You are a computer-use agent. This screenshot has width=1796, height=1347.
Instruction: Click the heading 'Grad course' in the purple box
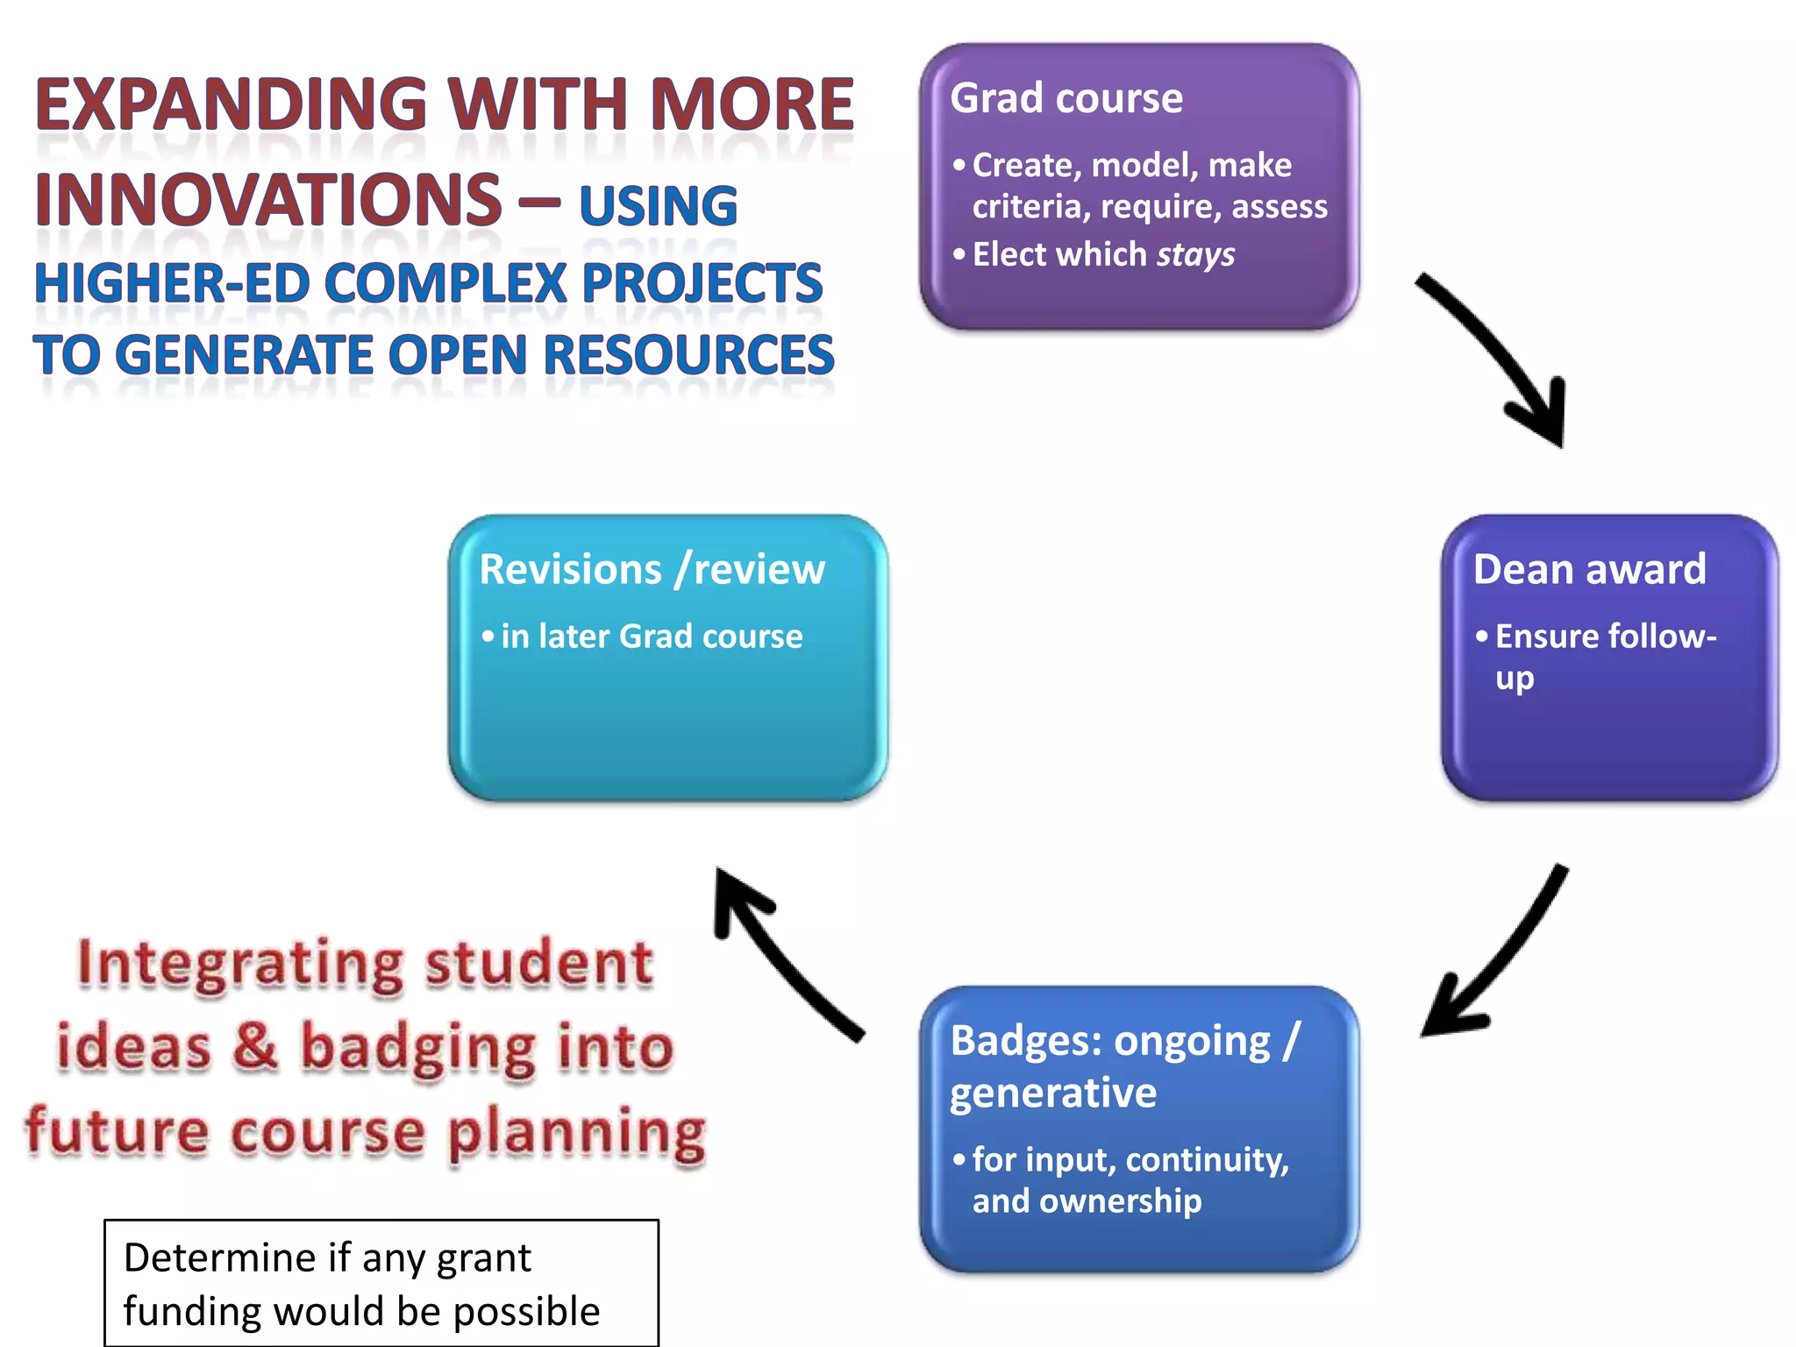[1065, 98]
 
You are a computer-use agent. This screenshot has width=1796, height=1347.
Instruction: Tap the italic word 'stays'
[1195, 255]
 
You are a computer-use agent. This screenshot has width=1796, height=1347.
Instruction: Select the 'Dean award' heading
[1589, 569]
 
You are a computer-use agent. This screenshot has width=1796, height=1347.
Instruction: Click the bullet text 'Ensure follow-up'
[1605, 638]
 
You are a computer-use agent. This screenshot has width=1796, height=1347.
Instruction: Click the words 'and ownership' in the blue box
[1087, 1201]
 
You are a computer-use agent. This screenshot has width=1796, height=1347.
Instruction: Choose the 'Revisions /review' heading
[652, 570]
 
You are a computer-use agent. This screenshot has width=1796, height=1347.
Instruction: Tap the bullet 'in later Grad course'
[652, 637]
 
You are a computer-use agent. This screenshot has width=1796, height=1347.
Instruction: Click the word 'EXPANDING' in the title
[231, 105]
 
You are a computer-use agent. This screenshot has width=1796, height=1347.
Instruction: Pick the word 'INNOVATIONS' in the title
[267, 200]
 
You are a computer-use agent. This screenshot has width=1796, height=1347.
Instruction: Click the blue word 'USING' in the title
[658, 206]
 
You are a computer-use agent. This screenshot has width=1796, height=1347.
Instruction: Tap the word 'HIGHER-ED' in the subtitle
[172, 284]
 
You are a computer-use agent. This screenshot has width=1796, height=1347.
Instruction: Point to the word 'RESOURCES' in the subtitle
[688, 355]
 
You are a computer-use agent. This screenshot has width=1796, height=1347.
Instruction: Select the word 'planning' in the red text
[576, 1133]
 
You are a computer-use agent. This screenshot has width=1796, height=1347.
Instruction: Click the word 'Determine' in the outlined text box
[219, 1258]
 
